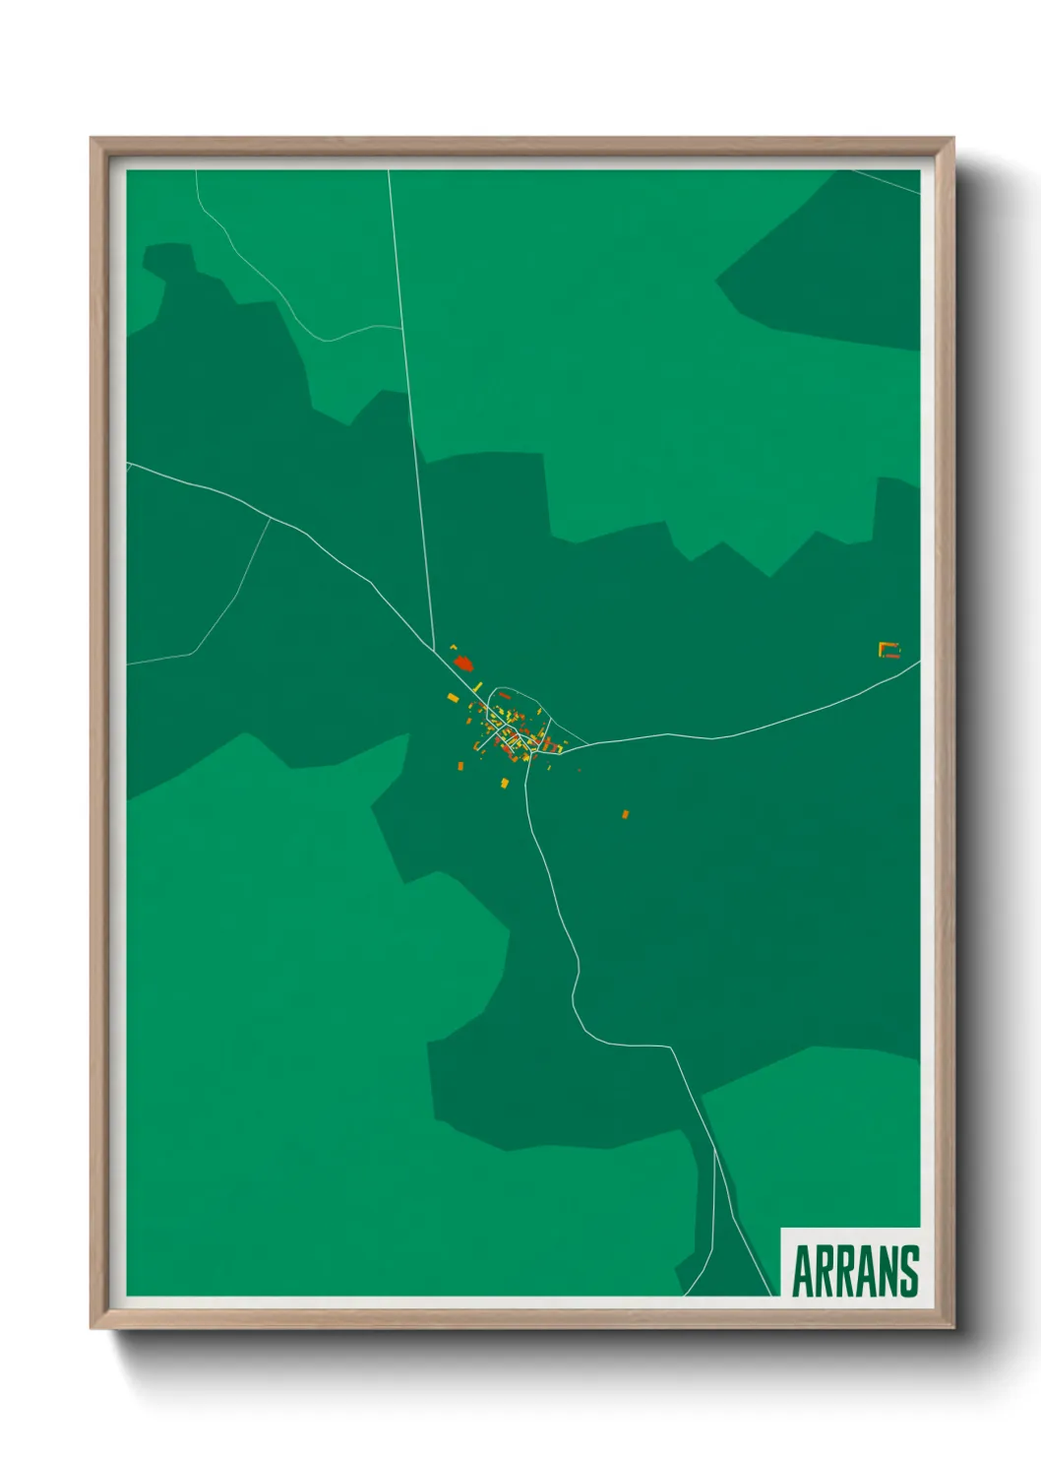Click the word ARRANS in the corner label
pos(854,1271)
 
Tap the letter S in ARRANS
pos(907,1271)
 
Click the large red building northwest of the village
pos(463,665)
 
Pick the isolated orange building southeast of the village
pos(625,814)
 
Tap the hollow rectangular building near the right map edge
pos(889,649)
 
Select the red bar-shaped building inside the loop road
pos(504,695)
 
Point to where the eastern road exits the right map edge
pos(919,662)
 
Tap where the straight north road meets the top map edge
pos(389,171)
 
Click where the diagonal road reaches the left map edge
pos(128,464)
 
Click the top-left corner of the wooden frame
pos(92,138)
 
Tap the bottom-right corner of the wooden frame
pos(953,1328)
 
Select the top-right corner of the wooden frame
pos(953,138)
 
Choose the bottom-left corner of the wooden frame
pos(92,1328)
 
